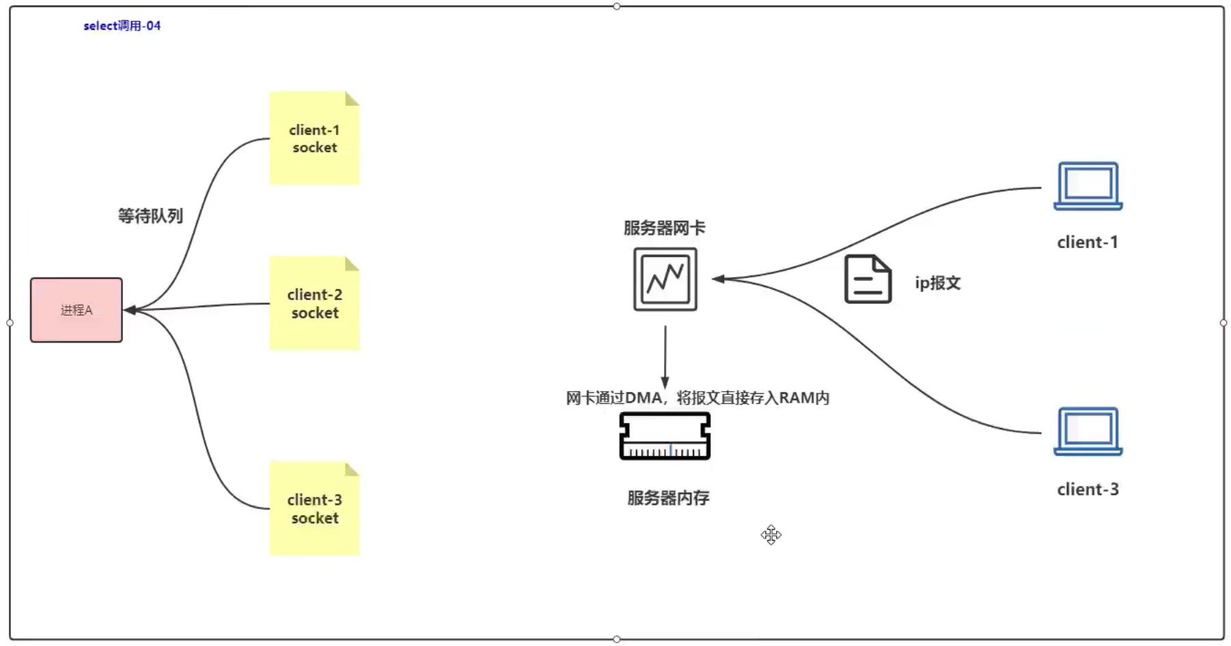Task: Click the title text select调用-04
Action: click(122, 26)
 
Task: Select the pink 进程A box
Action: click(77, 310)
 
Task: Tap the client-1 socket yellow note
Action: click(314, 139)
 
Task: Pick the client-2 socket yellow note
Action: click(314, 304)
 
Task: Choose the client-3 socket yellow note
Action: click(314, 509)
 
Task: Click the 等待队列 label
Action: click(150, 216)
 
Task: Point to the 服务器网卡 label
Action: click(664, 228)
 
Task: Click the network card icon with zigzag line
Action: click(665, 279)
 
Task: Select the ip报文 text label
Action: click(937, 283)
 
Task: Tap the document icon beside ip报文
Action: click(868, 279)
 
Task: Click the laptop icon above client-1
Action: click(1088, 186)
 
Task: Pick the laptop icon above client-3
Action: click(1088, 431)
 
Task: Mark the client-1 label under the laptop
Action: click(1087, 242)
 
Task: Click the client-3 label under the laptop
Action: click(1088, 489)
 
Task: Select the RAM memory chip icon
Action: click(665, 435)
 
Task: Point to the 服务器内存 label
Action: click(668, 498)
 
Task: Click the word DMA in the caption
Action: click(644, 398)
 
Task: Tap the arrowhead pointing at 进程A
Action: click(130, 310)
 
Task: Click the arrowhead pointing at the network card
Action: click(718, 279)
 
